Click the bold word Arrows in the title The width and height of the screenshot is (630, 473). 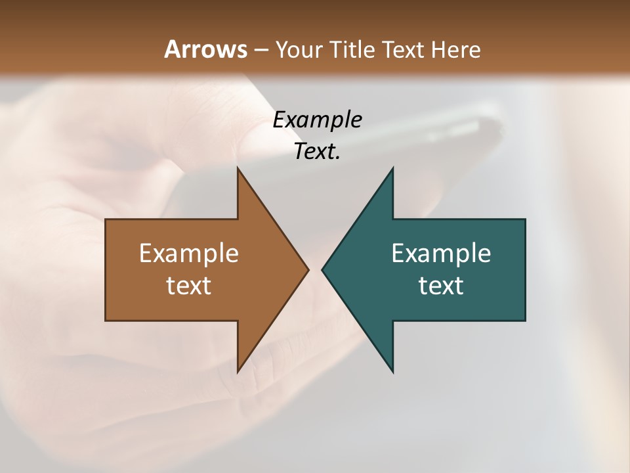click(205, 49)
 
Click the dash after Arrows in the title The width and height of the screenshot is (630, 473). click(261, 50)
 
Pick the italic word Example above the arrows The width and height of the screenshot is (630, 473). click(317, 120)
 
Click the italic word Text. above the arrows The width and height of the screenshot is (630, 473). click(317, 152)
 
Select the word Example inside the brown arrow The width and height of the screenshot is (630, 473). click(189, 253)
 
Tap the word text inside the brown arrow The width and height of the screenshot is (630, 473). click(189, 286)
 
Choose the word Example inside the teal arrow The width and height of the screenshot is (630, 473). click(441, 253)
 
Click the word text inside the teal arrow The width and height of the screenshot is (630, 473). click(441, 286)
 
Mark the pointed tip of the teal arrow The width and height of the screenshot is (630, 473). click(323, 269)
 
